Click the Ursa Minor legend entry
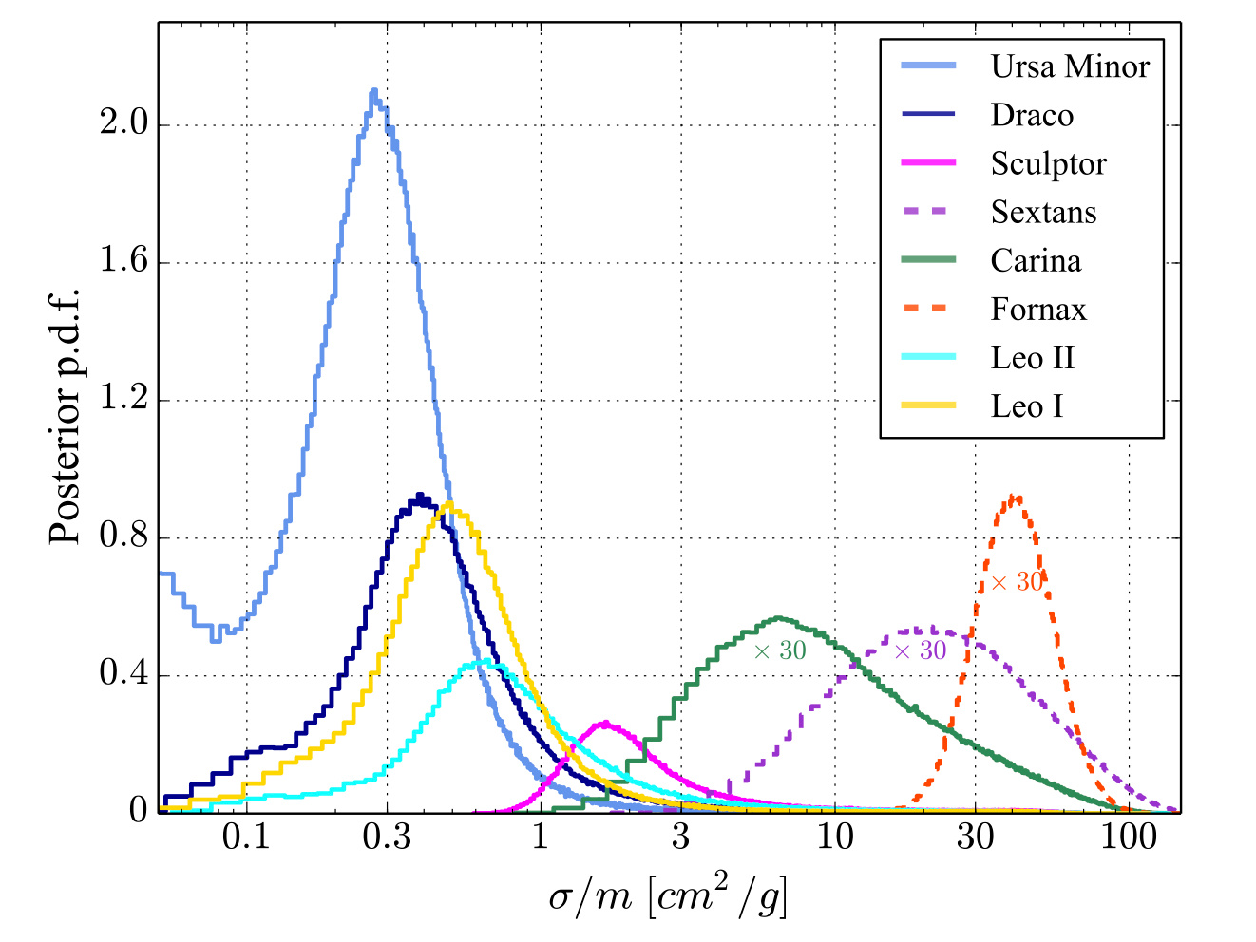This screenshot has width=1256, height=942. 1069,66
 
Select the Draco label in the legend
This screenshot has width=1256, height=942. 1032,115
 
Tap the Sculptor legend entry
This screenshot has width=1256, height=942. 1048,163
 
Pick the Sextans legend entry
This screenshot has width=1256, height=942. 1043,212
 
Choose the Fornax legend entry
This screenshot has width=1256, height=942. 1037,310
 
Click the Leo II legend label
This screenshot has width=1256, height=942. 1032,358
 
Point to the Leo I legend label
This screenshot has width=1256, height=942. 1026,406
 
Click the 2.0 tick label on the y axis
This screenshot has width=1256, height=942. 123,124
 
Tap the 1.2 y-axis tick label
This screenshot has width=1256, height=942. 123,400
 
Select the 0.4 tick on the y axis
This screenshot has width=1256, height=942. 123,675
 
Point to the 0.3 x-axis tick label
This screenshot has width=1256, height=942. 387,838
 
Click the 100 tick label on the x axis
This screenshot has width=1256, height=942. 1129,838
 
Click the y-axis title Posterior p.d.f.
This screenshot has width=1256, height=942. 67,415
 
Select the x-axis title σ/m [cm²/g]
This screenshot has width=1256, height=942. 668,895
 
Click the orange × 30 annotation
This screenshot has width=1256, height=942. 1017,582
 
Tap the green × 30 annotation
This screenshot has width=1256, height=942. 780,650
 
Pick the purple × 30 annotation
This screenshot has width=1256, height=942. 921,650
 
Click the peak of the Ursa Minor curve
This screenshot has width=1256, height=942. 373,91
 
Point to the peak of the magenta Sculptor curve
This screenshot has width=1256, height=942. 606,723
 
